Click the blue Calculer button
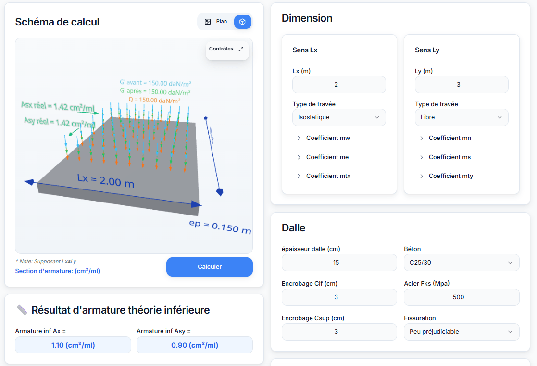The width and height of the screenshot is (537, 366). pyautogui.click(x=209, y=267)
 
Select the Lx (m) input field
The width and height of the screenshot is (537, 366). pyautogui.click(x=339, y=85)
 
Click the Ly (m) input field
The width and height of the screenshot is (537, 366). pyautogui.click(x=461, y=85)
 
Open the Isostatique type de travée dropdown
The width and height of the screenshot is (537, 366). pyautogui.click(x=339, y=117)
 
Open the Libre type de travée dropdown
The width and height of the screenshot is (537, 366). pyautogui.click(x=461, y=117)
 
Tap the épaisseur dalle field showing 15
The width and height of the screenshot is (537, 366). pyautogui.click(x=339, y=263)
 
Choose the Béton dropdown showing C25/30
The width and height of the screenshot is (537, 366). pyautogui.click(x=461, y=263)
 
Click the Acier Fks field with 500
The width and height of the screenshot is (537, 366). pyautogui.click(x=461, y=297)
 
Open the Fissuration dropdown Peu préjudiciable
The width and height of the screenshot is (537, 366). pyautogui.click(x=461, y=332)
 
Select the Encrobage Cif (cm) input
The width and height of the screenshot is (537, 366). pyautogui.click(x=339, y=297)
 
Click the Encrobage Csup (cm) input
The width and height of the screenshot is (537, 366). pyautogui.click(x=339, y=332)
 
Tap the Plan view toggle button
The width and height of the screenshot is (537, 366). pyautogui.click(x=216, y=22)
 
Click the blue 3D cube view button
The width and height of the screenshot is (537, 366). pyautogui.click(x=243, y=22)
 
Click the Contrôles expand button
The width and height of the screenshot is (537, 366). pyautogui.click(x=241, y=49)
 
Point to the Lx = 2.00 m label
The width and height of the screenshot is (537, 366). pyautogui.click(x=105, y=181)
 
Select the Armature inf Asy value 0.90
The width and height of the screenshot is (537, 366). pyautogui.click(x=194, y=345)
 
